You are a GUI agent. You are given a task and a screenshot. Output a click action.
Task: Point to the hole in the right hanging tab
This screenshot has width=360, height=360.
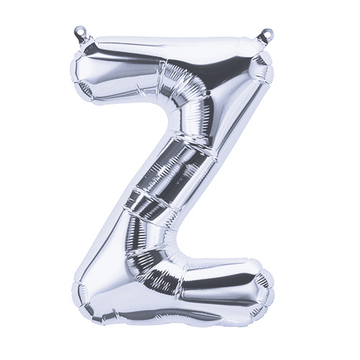(x=268, y=32)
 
